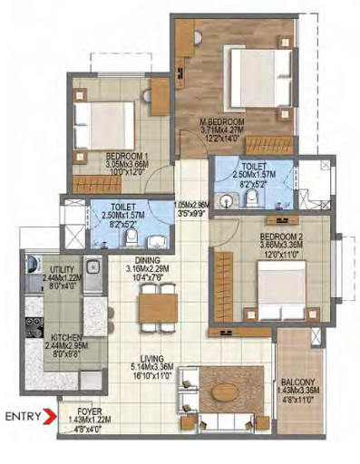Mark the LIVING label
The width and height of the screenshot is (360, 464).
(144, 358)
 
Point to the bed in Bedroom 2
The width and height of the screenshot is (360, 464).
(268, 292)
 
